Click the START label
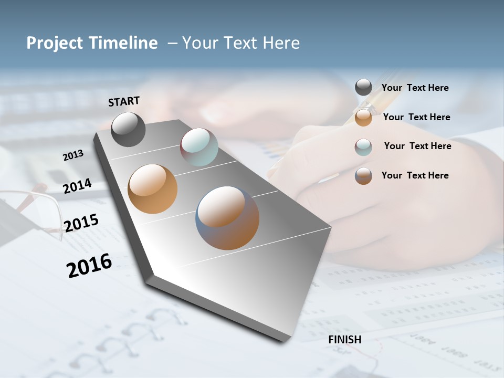[x=124, y=101]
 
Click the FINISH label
[x=344, y=340]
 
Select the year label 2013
[x=73, y=155]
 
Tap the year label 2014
[x=77, y=186]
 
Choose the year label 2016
[x=89, y=266]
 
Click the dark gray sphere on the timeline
[x=128, y=129]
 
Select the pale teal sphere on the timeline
[x=199, y=147]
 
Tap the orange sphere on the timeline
[x=152, y=189]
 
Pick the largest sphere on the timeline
[x=227, y=218]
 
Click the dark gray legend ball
[x=363, y=88]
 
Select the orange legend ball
[x=363, y=118]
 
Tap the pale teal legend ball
[x=363, y=147]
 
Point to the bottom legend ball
[x=363, y=176]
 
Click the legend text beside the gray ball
[x=415, y=88]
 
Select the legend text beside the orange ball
[x=416, y=117]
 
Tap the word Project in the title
[x=55, y=43]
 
